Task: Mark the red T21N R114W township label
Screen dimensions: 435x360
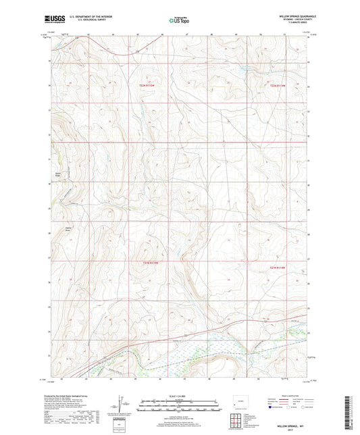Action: (x=278, y=268)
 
